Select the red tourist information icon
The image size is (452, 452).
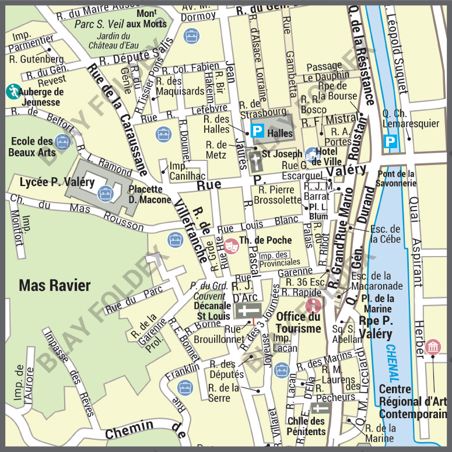click(x=314, y=304)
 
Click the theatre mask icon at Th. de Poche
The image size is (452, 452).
click(x=230, y=246)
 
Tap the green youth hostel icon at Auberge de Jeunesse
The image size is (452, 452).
click(x=13, y=91)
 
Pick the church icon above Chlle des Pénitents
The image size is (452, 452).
click(x=320, y=409)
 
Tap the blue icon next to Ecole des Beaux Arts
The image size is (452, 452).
click(x=62, y=141)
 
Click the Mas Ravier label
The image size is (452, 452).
click(x=55, y=285)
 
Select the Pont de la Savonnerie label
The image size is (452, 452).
click(x=396, y=178)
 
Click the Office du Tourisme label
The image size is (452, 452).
click(x=298, y=323)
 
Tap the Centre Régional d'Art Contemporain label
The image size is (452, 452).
click(x=413, y=401)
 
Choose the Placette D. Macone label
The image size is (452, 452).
click(x=150, y=194)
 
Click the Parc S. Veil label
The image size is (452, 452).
click(x=97, y=24)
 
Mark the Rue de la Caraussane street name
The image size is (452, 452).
click(x=117, y=117)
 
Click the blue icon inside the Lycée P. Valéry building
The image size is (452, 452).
click(x=106, y=192)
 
